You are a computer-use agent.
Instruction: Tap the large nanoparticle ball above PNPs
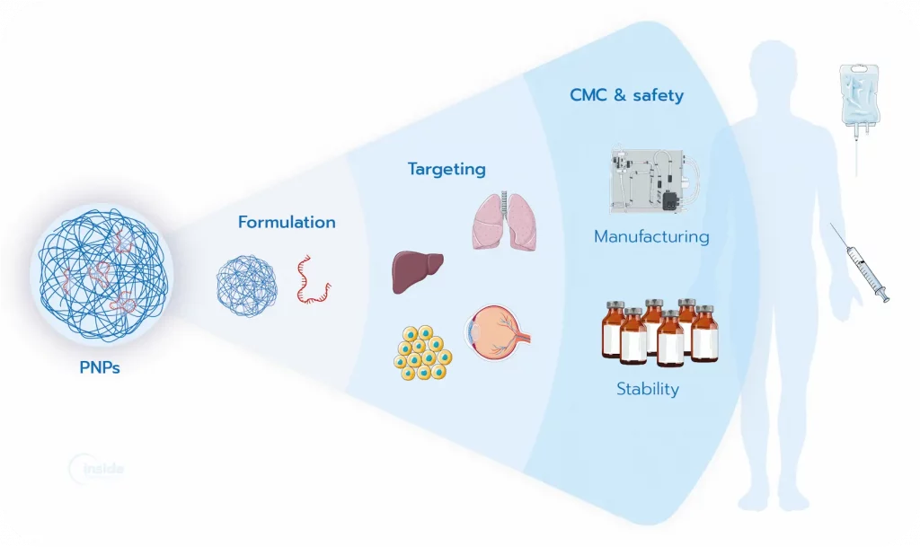[103, 273]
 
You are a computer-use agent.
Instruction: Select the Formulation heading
[287, 222]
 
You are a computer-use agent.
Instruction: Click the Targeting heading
[447, 168]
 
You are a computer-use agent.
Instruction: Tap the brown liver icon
[417, 271]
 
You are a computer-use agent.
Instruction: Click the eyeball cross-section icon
[496, 336]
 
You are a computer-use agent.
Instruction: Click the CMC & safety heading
[626, 94]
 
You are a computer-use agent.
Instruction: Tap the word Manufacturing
[651, 237]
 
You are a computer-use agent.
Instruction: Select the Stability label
[647, 389]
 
